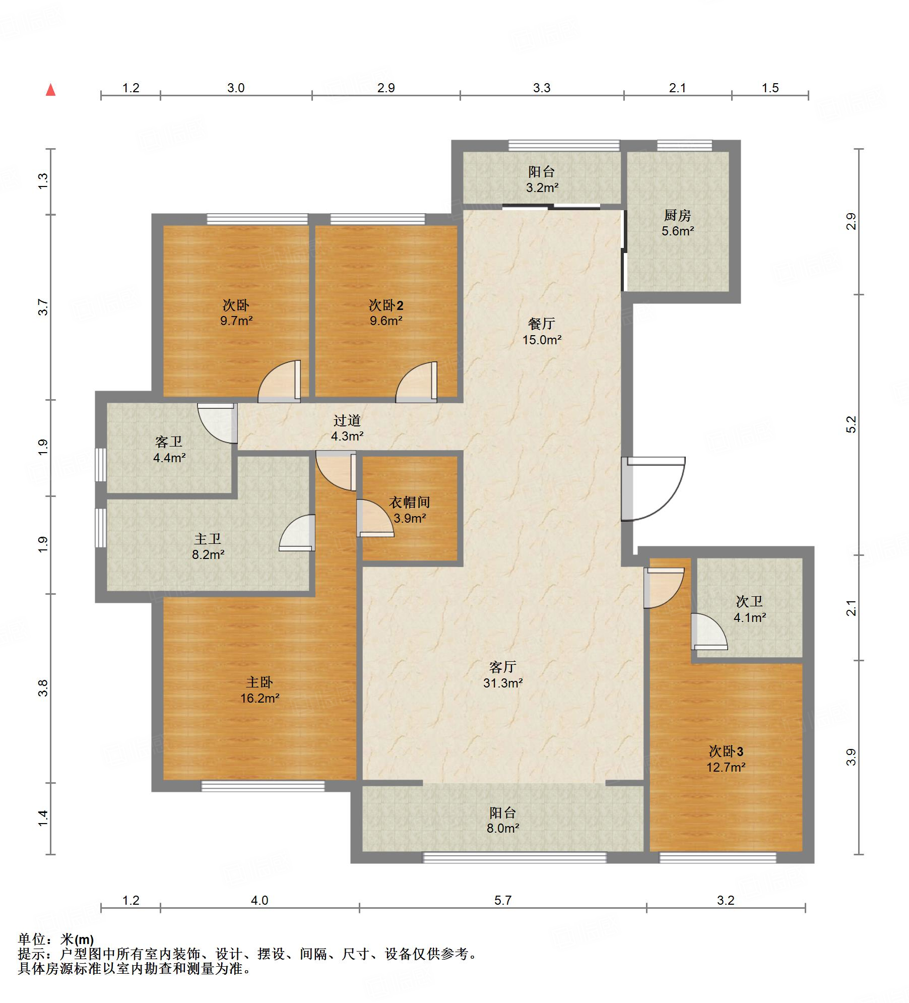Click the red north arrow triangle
(50, 90)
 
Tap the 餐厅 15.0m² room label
(542, 332)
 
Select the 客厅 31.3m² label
(502, 675)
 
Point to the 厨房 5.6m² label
(677, 223)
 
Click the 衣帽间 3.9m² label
(409, 510)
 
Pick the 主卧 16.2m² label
(259, 690)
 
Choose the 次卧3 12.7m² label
(726, 759)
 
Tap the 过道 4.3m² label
(347, 428)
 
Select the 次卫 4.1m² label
(749, 609)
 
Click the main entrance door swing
(653, 488)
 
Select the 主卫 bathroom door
(297, 533)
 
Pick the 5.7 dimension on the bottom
(502, 900)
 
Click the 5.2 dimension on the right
(851, 424)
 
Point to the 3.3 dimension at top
(542, 88)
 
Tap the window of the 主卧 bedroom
(263, 786)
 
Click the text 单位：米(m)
(56, 939)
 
